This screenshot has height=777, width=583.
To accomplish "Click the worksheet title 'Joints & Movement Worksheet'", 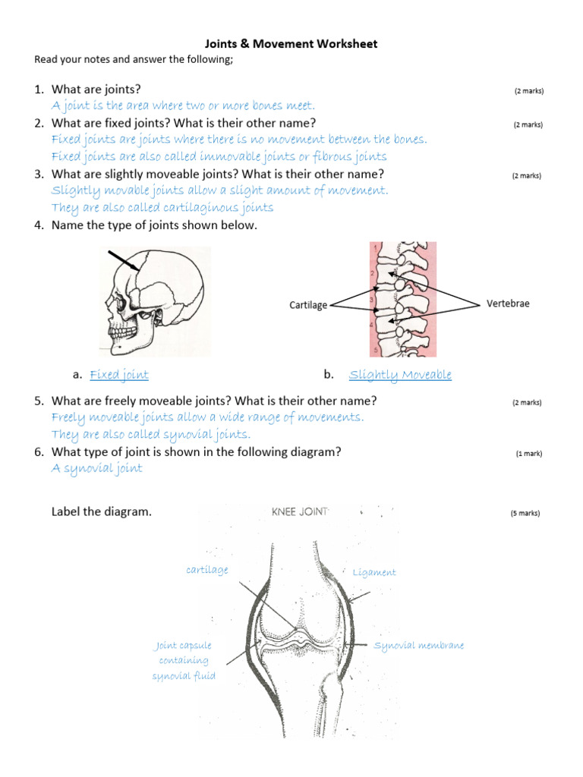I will click(x=291, y=44).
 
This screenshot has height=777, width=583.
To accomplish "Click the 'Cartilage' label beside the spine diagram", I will click(x=308, y=305).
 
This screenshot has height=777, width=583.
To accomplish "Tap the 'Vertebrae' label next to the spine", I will click(x=508, y=304).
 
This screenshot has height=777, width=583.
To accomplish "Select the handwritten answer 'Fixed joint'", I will click(x=119, y=374).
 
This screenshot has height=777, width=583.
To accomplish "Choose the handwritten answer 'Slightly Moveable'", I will click(x=400, y=374).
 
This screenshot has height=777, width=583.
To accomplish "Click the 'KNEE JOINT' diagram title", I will click(x=300, y=512).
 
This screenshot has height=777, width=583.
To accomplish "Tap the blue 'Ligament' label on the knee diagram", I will click(x=374, y=572).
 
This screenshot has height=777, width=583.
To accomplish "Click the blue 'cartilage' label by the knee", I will click(x=206, y=570).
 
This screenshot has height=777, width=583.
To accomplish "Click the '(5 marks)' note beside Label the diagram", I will click(x=525, y=513).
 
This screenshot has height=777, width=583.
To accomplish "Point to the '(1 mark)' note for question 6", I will click(x=529, y=454).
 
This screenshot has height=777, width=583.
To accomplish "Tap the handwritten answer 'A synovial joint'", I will click(x=96, y=468).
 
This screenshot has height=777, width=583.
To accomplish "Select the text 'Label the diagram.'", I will click(x=102, y=511).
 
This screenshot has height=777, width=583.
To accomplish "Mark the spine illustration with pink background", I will click(x=402, y=300).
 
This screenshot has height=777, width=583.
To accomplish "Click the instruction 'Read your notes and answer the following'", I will click(x=134, y=60).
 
